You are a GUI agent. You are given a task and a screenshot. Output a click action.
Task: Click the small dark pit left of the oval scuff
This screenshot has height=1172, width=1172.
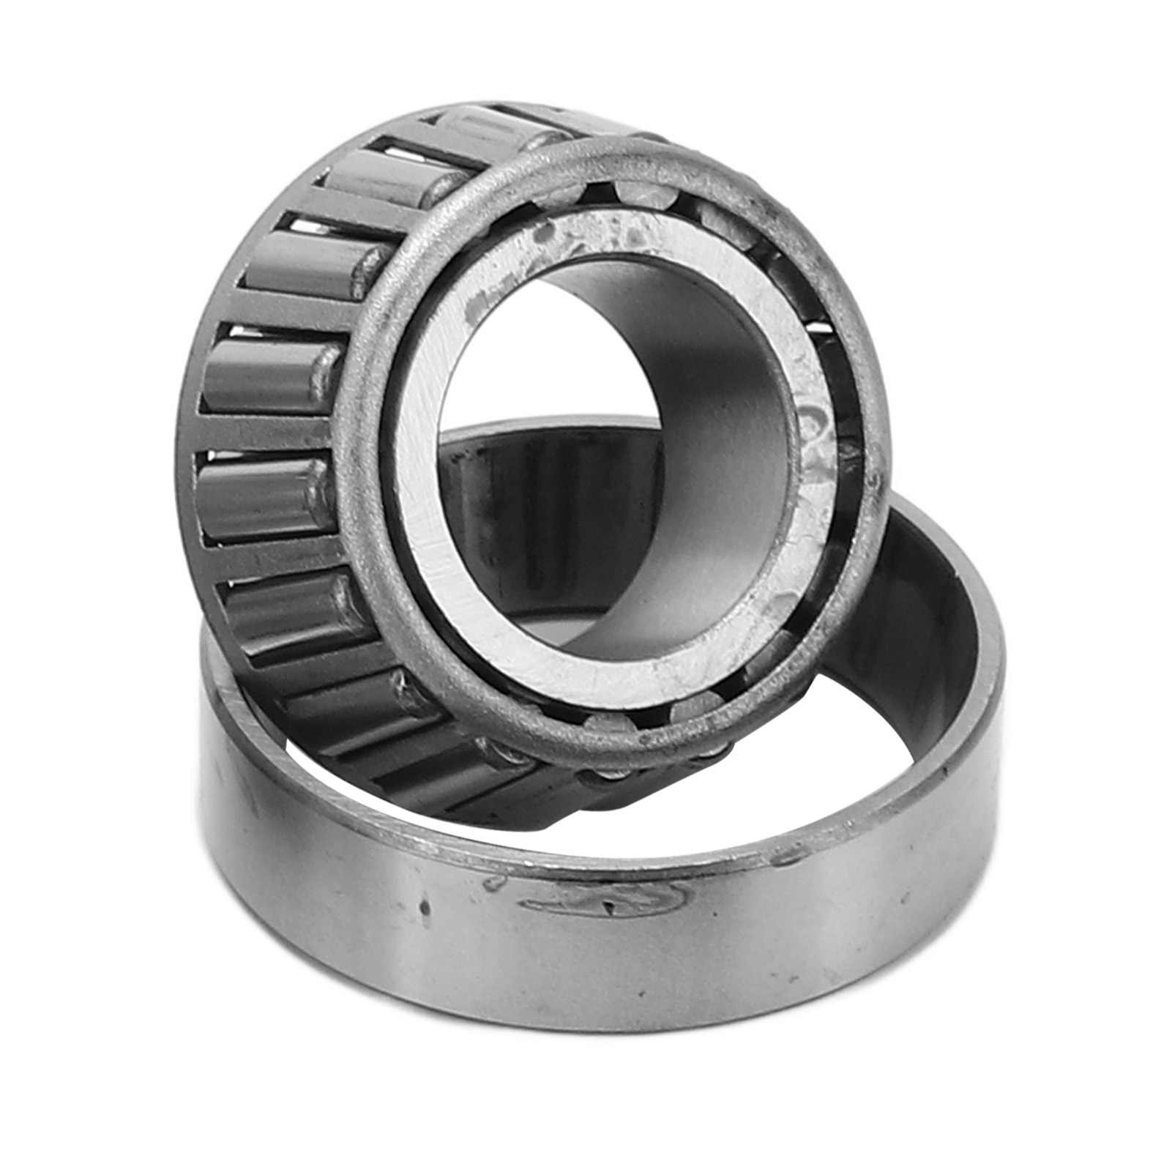pos(423,908)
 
